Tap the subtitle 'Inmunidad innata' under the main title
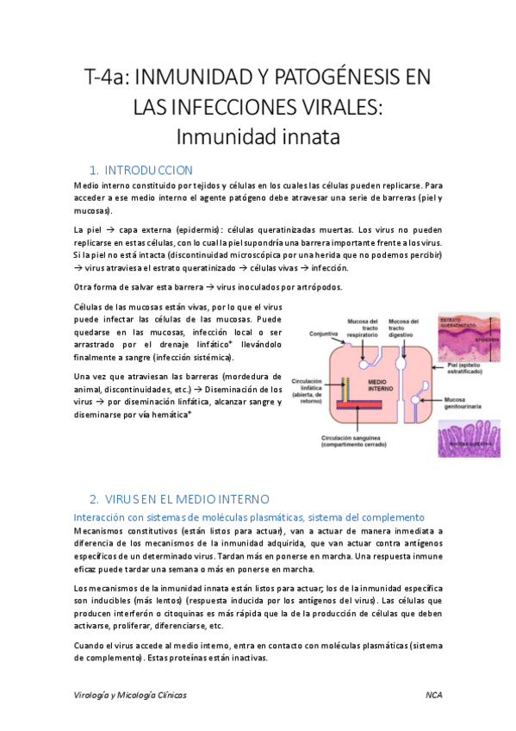coord(258,135)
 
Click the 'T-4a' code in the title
coord(103,78)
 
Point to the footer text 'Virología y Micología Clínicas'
coord(130,694)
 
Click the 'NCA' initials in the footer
coord(433,694)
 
